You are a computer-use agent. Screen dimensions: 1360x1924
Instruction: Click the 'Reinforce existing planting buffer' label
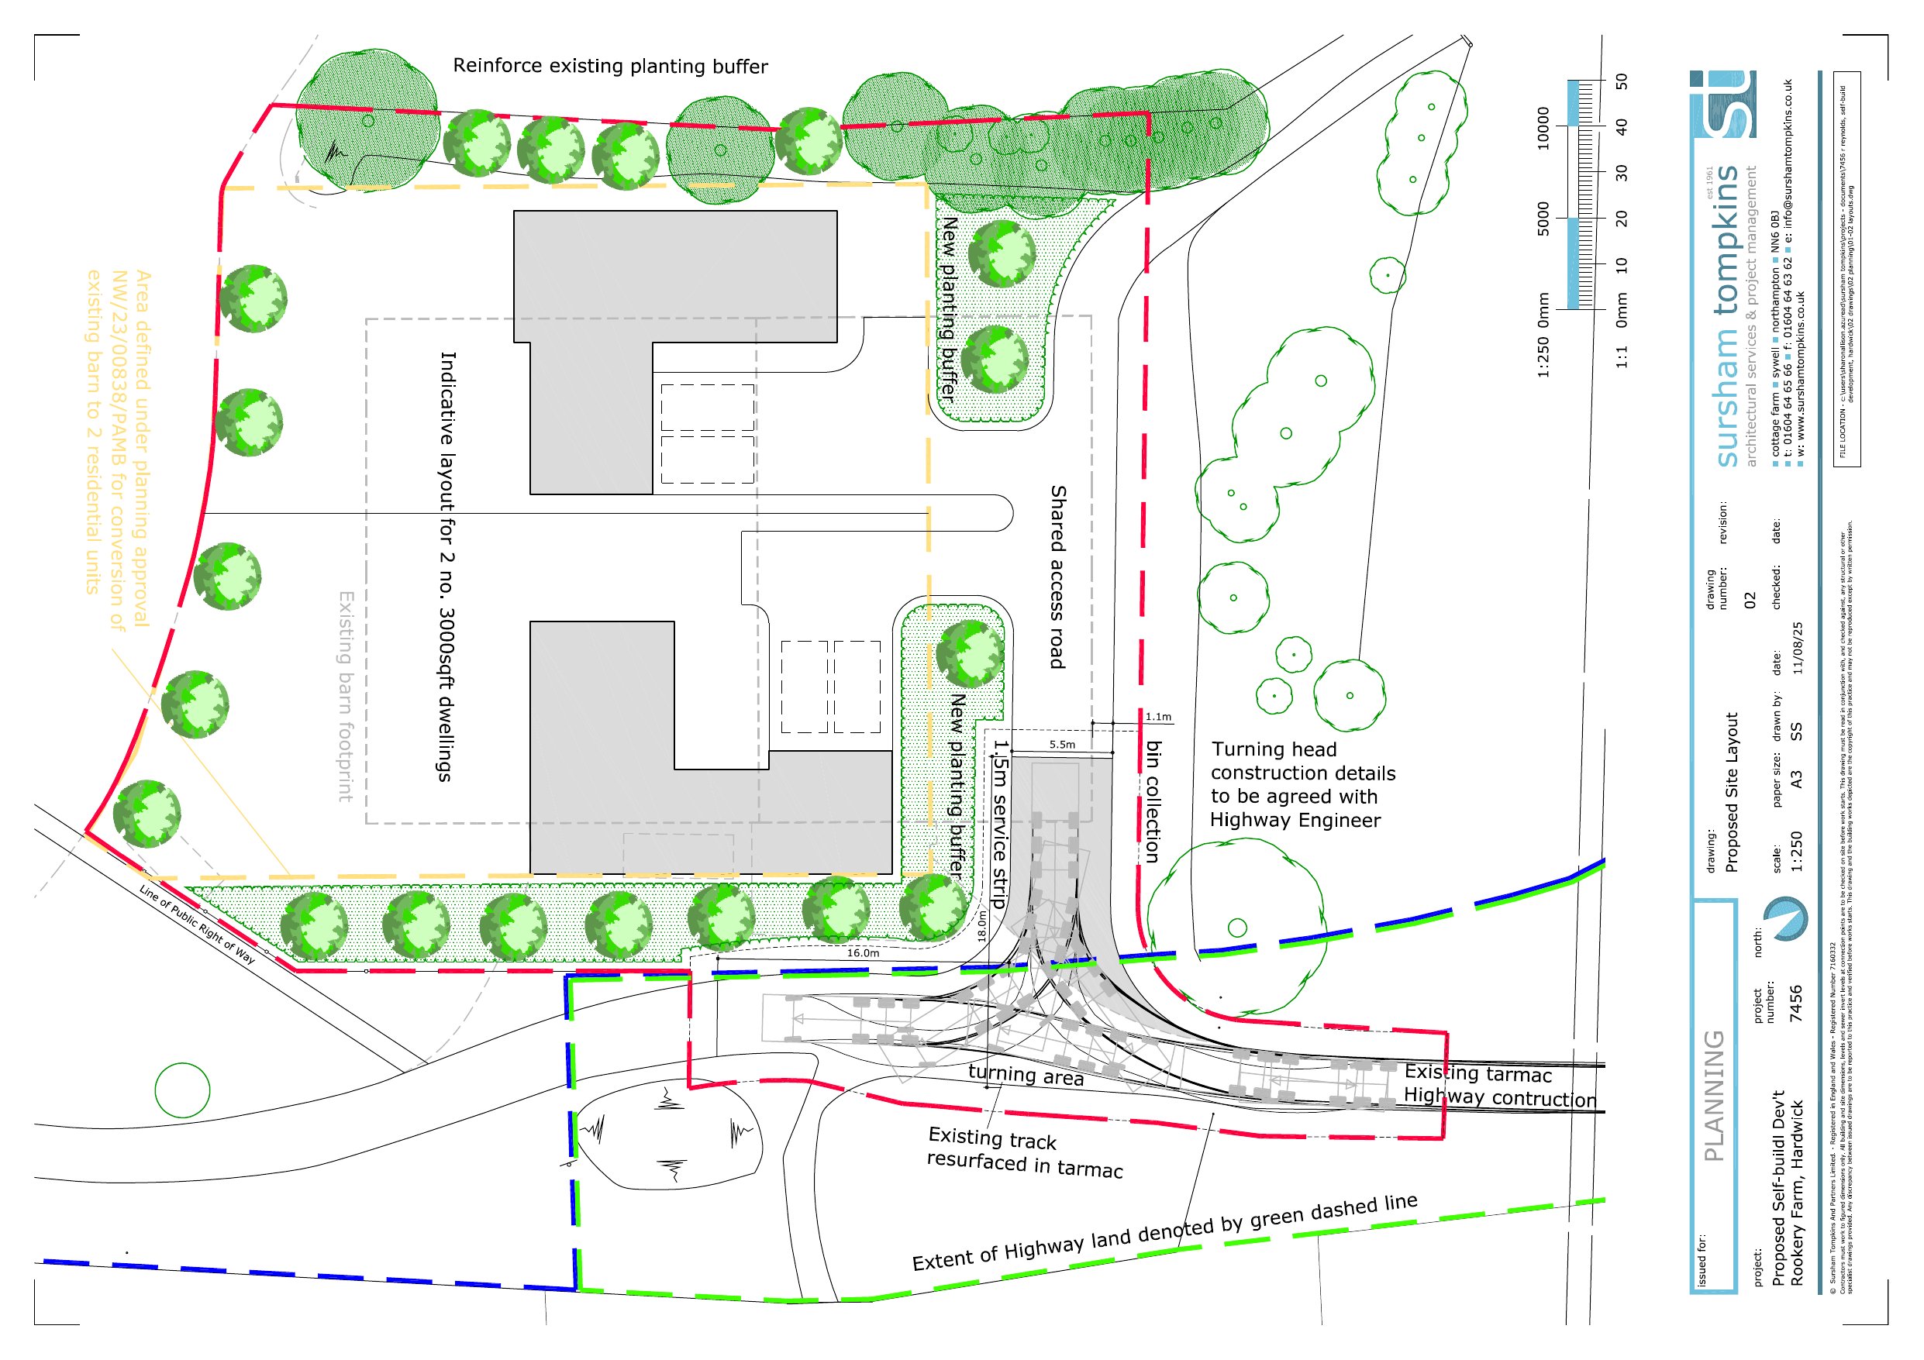click(x=610, y=66)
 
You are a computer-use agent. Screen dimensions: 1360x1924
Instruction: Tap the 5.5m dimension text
click(x=1062, y=744)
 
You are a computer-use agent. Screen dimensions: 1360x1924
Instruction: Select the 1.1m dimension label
click(x=1158, y=718)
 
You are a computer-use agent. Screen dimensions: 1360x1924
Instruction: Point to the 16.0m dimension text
click(x=862, y=952)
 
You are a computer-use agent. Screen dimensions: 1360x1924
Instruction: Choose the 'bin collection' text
click(x=1153, y=801)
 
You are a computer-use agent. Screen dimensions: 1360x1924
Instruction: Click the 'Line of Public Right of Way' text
click(x=198, y=924)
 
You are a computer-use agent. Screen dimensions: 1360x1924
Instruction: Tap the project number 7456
click(x=1796, y=1003)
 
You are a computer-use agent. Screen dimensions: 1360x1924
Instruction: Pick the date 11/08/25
click(x=1797, y=648)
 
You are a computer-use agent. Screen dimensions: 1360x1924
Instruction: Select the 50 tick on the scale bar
click(x=1622, y=81)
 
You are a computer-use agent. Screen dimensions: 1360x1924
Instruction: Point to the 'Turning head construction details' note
click(x=1302, y=784)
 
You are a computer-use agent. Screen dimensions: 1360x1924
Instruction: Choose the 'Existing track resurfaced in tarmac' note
click(x=1024, y=1152)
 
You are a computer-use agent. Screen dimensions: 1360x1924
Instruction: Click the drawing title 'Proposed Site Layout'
click(x=1731, y=792)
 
